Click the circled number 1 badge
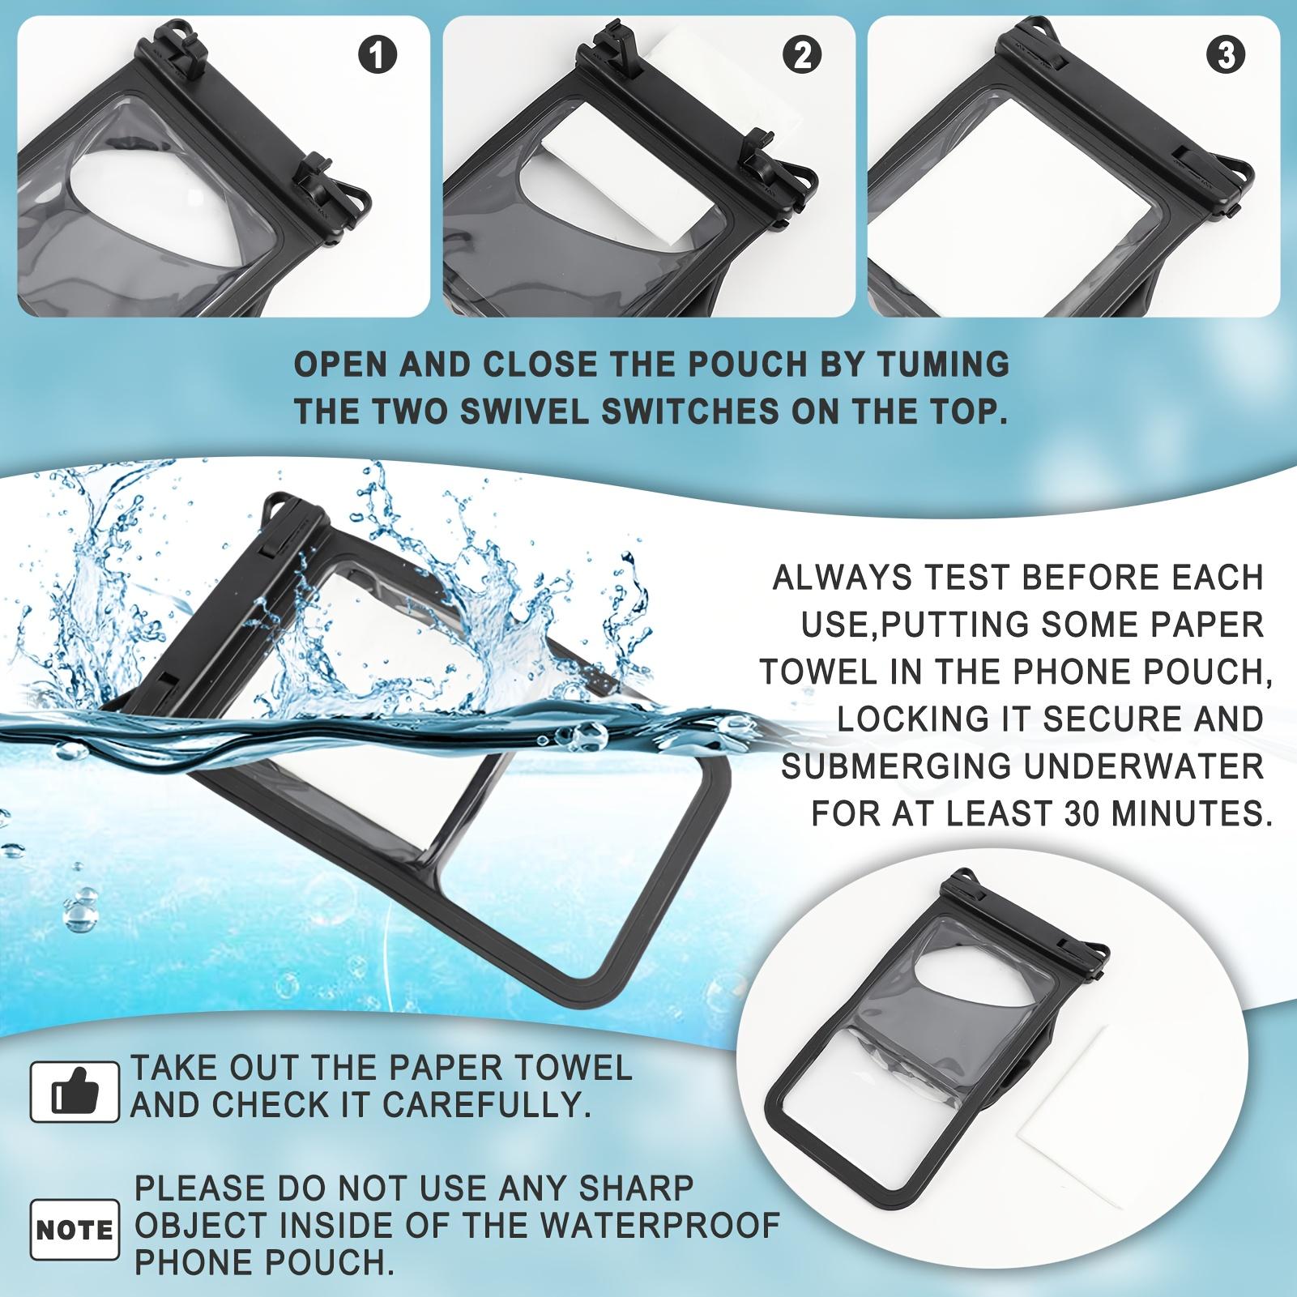click(377, 56)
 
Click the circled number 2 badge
click(802, 56)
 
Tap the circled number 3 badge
click(1226, 56)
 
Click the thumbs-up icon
click(75, 1091)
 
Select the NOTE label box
click(75, 1231)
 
